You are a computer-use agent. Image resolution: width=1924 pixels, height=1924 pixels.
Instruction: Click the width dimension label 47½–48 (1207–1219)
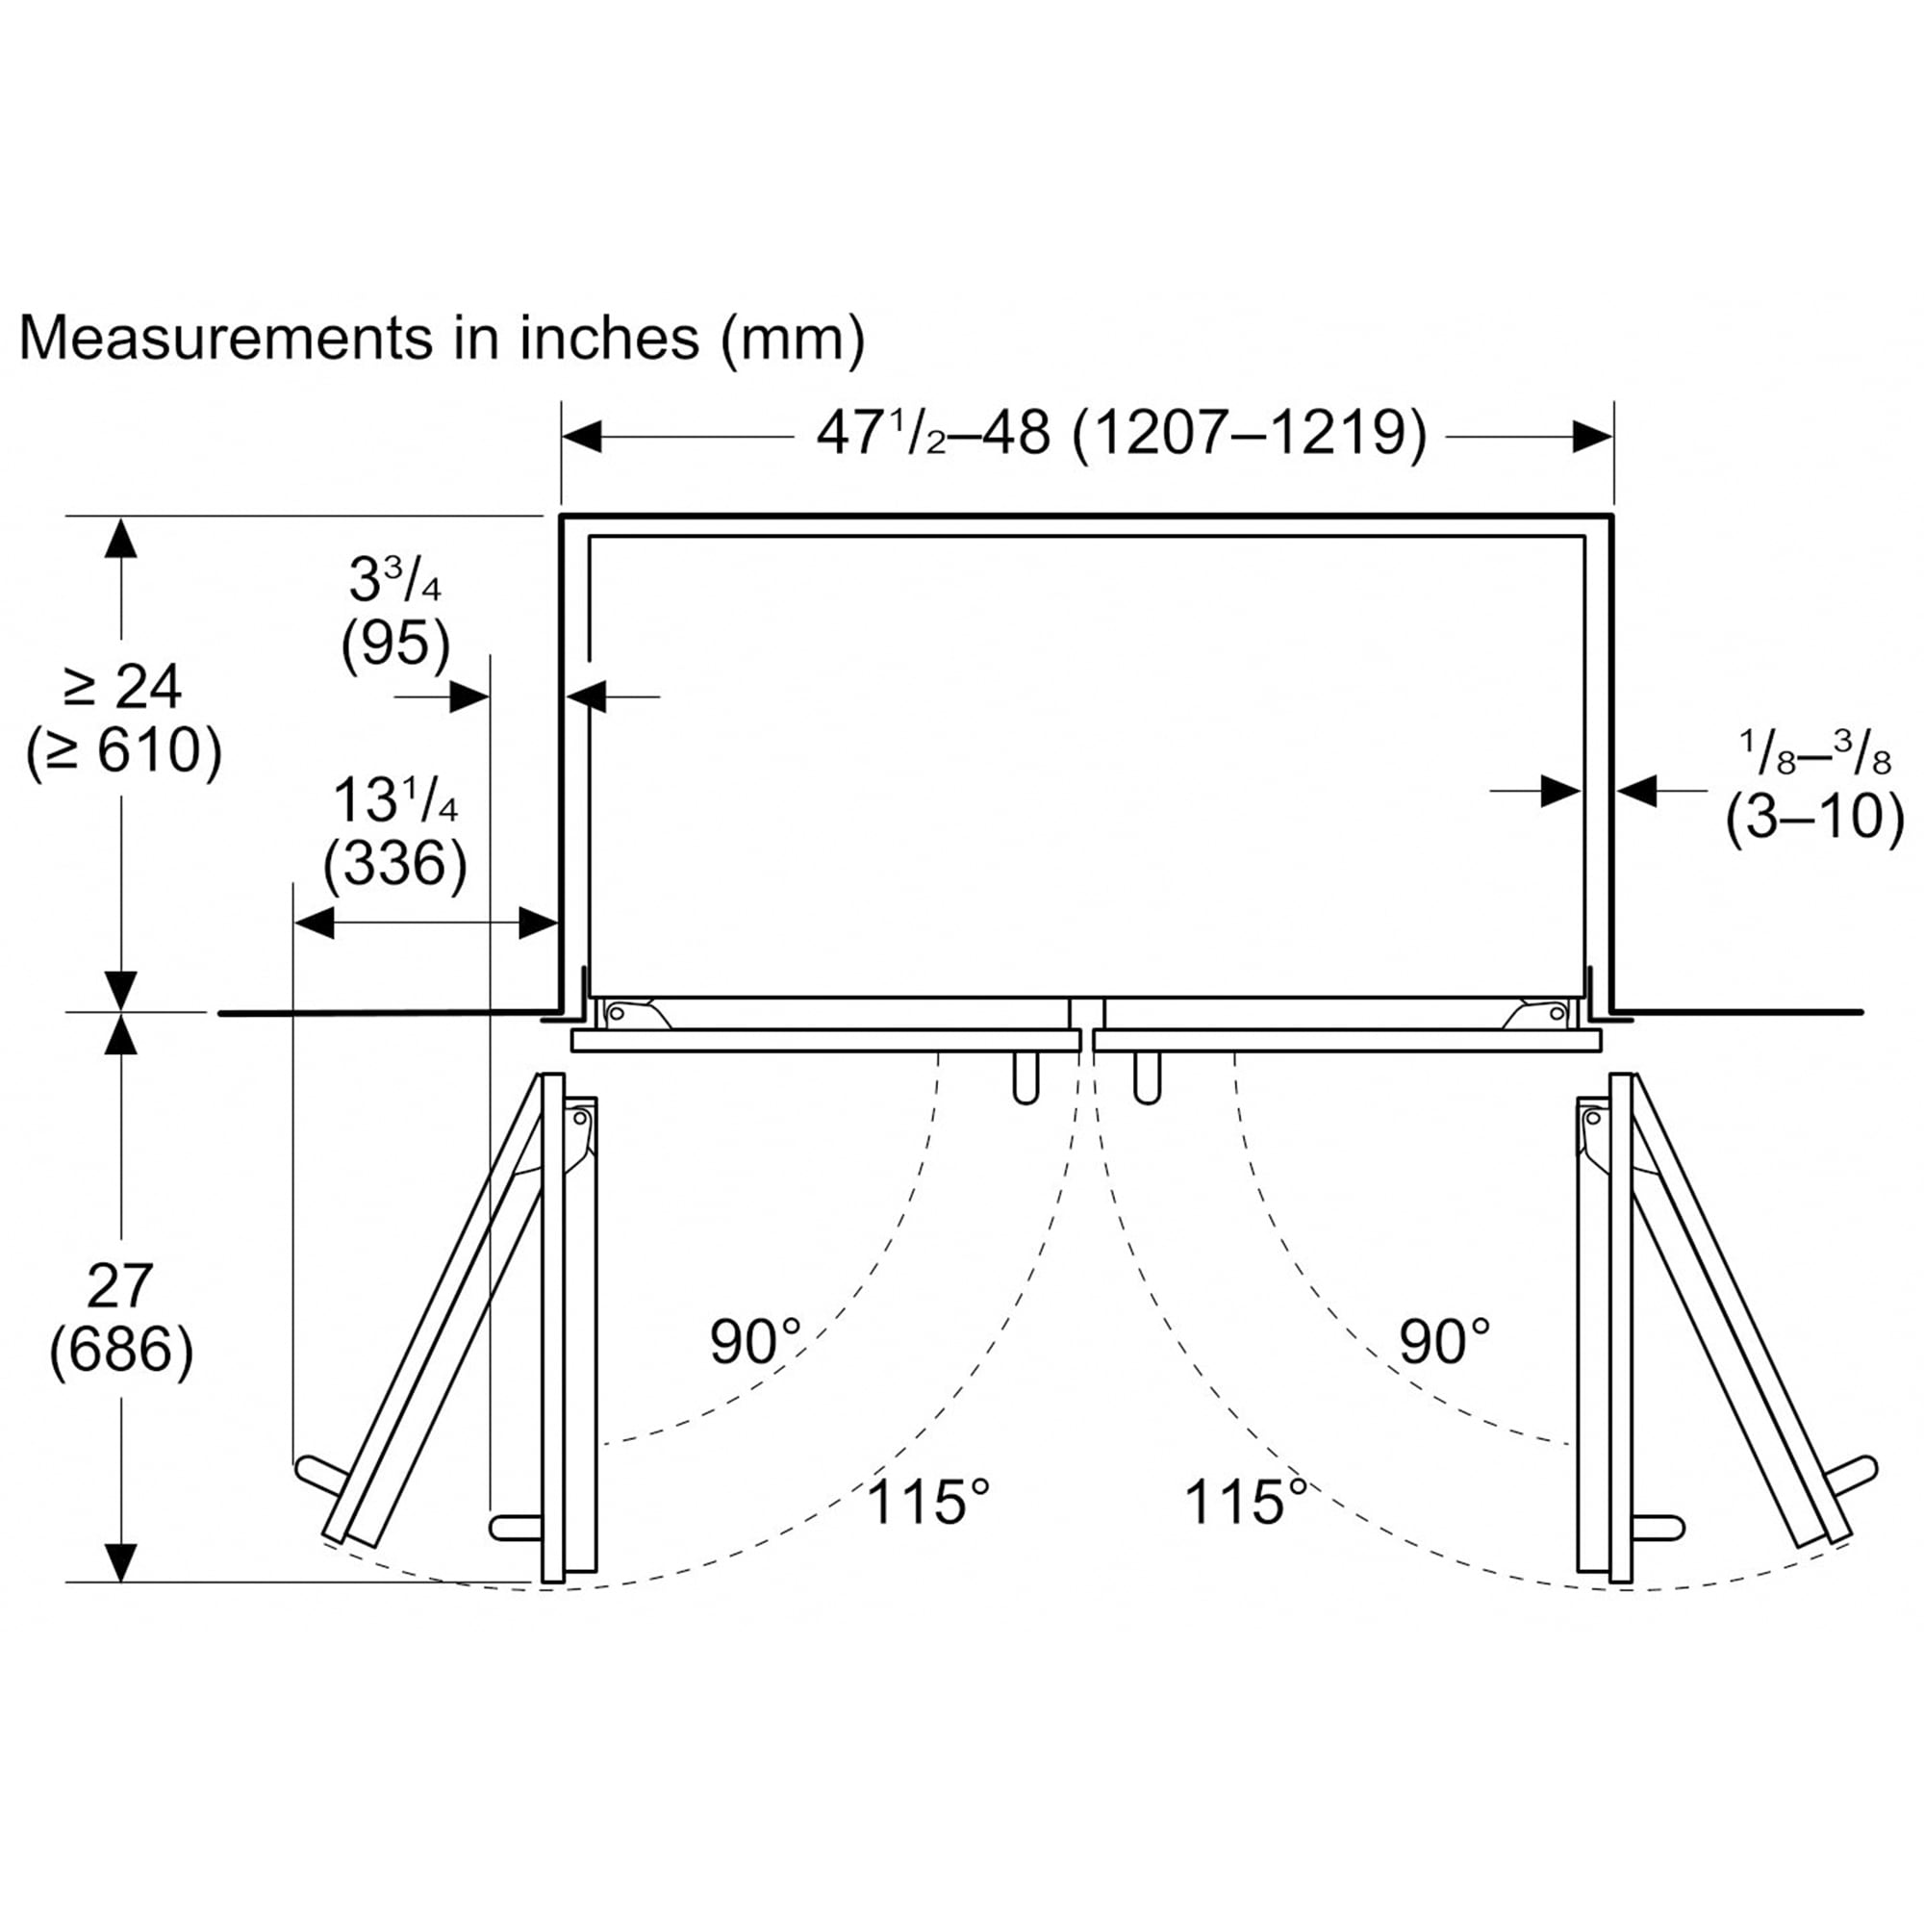tap(1122, 434)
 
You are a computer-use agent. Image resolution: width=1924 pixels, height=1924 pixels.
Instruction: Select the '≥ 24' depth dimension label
tap(122, 686)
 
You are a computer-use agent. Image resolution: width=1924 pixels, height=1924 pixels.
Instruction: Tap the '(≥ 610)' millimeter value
tap(123, 751)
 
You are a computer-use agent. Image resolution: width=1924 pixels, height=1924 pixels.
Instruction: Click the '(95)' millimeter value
tap(395, 644)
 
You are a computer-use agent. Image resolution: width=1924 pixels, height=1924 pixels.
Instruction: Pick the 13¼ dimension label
tap(394, 798)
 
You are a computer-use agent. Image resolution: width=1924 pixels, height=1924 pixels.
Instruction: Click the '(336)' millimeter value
tap(395, 864)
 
